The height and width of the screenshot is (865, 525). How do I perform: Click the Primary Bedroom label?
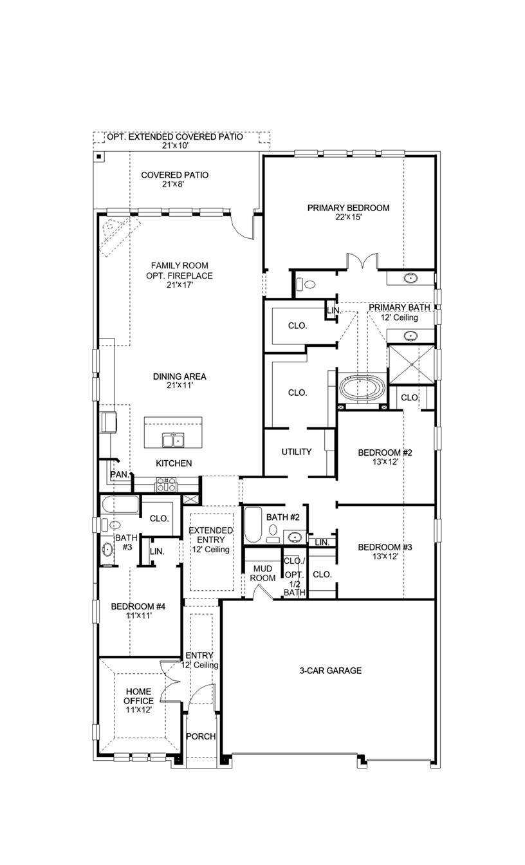[x=348, y=208]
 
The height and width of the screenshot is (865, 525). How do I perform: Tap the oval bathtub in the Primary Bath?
[x=363, y=389]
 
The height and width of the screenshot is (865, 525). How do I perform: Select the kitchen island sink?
[x=172, y=441]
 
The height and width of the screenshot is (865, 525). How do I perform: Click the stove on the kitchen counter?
[x=165, y=485]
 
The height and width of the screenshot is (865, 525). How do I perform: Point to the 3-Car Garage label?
[x=330, y=671]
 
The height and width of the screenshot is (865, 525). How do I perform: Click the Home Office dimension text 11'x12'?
[x=138, y=710]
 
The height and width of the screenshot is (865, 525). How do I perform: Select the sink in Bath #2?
[x=295, y=536]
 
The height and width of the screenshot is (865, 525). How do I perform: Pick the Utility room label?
[x=296, y=452]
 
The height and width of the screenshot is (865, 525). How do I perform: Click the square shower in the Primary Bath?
[x=412, y=364]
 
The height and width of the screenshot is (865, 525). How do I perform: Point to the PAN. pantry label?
[x=119, y=474]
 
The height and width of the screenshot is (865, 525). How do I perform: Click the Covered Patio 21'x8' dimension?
[x=174, y=184]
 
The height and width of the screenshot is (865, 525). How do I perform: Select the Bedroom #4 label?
[x=138, y=606]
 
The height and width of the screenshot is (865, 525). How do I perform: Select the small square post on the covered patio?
[x=99, y=156]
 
